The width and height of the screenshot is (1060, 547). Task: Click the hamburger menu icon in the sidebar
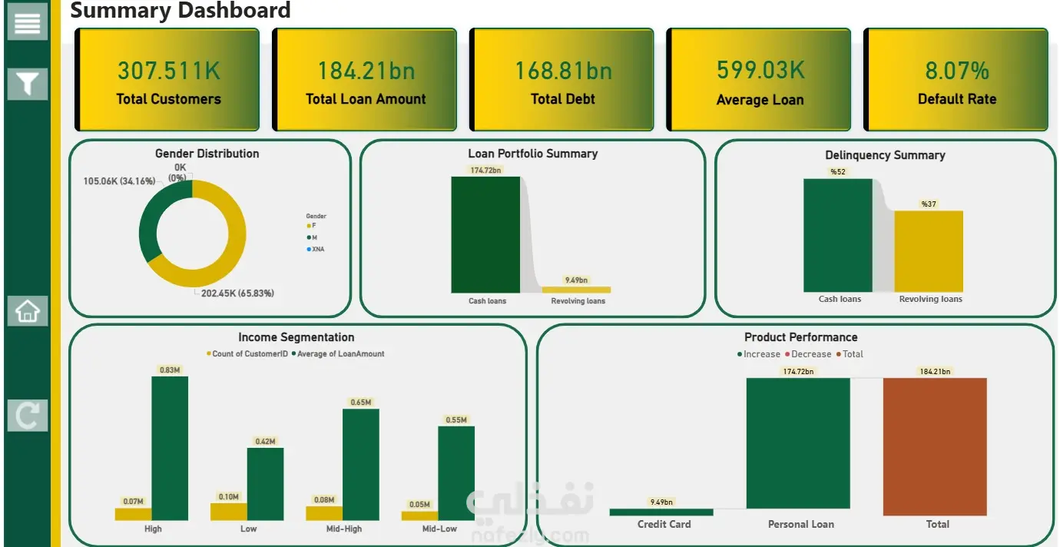(x=27, y=22)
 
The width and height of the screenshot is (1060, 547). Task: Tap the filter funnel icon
(x=27, y=83)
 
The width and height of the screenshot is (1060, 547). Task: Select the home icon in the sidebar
(x=27, y=311)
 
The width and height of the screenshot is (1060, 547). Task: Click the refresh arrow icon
(x=27, y=416)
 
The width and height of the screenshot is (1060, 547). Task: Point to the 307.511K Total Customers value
(x=168, y=71)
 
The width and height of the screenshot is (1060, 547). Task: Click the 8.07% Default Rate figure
(x=956, y=71)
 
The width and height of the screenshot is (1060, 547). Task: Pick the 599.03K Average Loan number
(x=760, y=70)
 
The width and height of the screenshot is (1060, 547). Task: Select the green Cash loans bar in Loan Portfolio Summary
(x=485, y=234)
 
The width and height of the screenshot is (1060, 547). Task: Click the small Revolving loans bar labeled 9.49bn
(x=576, y=290)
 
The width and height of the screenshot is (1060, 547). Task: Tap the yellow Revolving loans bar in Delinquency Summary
(x=929, y=251)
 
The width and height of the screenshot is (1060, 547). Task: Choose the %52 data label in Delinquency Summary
(x=837, y=172)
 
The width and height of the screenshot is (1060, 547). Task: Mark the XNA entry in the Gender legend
(x=317, y=249)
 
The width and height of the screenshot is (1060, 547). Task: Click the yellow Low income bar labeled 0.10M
(x=229, y=512)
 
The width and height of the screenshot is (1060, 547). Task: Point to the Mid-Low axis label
(x=439, y=529)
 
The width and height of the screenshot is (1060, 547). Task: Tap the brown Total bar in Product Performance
(x=935, y=446)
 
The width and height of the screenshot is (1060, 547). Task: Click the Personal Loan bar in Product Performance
(x=798, y=443)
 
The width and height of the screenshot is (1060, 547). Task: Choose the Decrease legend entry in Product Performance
(x=810, y=354)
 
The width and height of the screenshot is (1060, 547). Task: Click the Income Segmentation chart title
(x=296, y=337)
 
